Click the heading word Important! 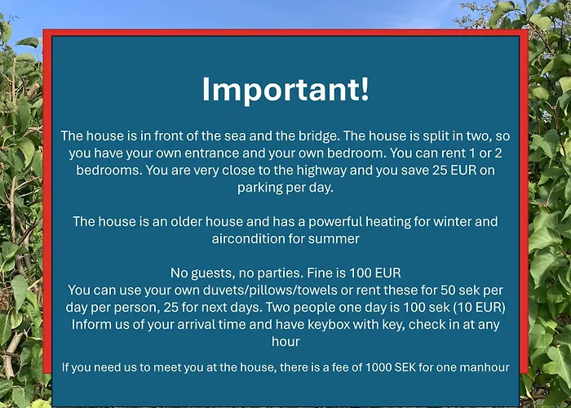285,89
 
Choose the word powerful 339,221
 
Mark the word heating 395,221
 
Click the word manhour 482,367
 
